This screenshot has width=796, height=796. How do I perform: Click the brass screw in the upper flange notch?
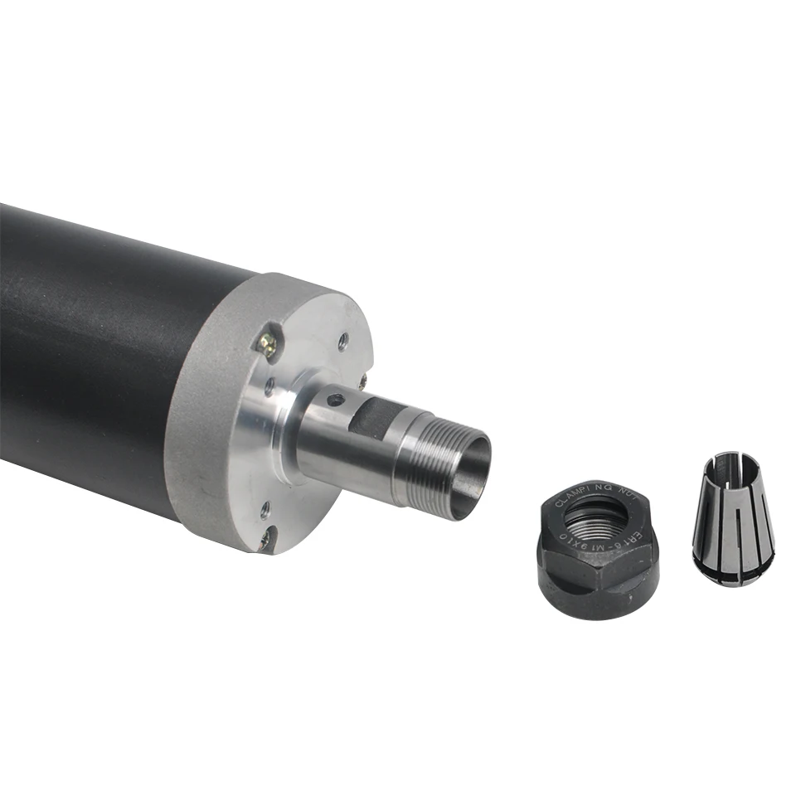[x=267, y=340]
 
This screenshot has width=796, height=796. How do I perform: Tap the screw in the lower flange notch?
[x=265, y=540]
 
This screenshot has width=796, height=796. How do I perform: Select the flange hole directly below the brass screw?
[x=269, y=384]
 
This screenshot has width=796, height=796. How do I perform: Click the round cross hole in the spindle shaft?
[x=334, y=400]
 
